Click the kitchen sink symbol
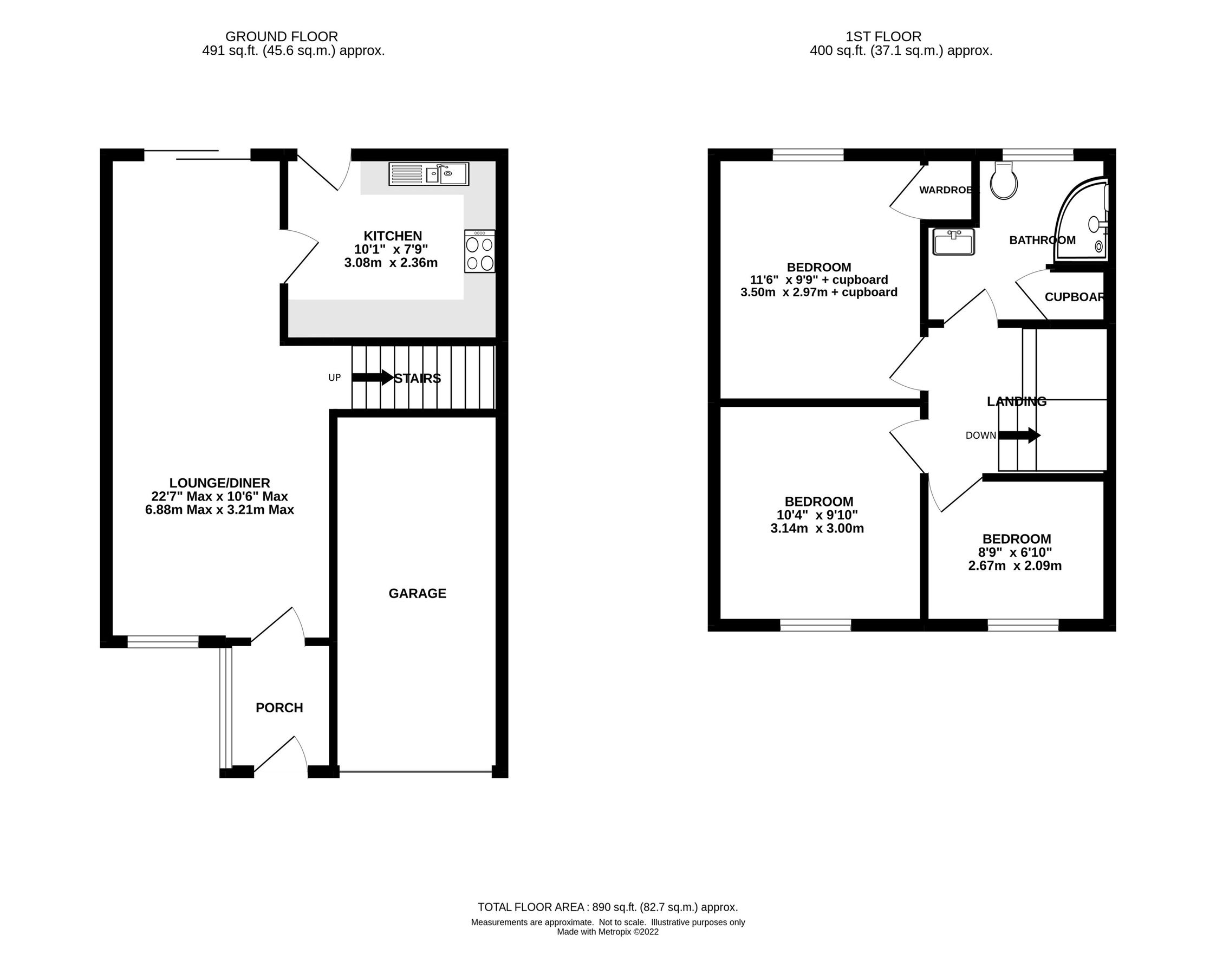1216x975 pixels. [x=428, y=174]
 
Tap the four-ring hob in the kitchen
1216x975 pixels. [x=480, y=251]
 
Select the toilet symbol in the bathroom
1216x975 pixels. [x=1003, y=181]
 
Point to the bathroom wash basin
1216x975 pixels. [x=953, y=242]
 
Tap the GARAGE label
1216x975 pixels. [x=418, y=593]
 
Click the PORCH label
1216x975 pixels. [x=279, y=708]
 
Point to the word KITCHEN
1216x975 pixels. [x=393, y=236]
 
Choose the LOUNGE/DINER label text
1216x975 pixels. [x=220, y=483]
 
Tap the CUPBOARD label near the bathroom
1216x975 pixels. [x=1074, y=297]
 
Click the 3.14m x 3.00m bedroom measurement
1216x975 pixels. [x=817, y=528]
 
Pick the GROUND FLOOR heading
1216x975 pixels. [x=282, y=37]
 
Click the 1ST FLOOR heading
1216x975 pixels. [x=883, y=37]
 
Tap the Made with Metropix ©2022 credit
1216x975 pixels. [x=607, y=932]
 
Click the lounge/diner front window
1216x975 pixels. [x=163, y=641]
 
